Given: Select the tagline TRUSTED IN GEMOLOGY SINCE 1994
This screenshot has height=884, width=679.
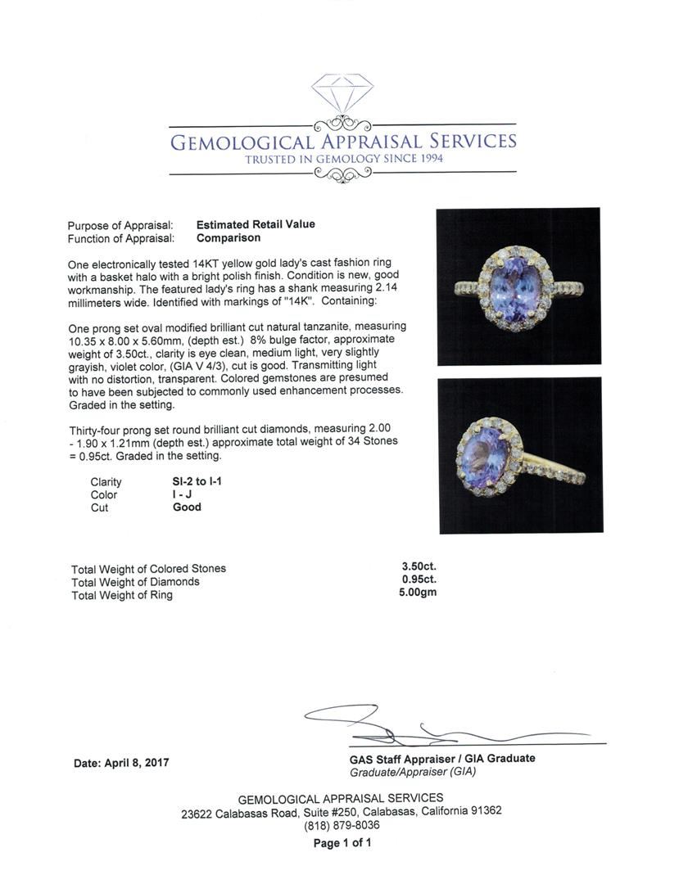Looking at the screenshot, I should tap(344, 159).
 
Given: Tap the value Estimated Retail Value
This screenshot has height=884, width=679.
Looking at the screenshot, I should tap(256, 224).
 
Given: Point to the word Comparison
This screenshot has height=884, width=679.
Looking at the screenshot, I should tap(229, 238).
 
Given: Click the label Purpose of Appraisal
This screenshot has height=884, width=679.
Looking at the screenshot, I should tap(120, 225).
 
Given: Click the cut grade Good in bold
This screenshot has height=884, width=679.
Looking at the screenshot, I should tap(187, 507).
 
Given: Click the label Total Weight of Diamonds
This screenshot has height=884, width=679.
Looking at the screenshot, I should tap(135, 582).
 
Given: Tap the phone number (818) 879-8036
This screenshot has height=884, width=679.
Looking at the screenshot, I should tap(342, 825).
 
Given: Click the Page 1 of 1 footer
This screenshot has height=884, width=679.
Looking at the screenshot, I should tap(342, 843).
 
